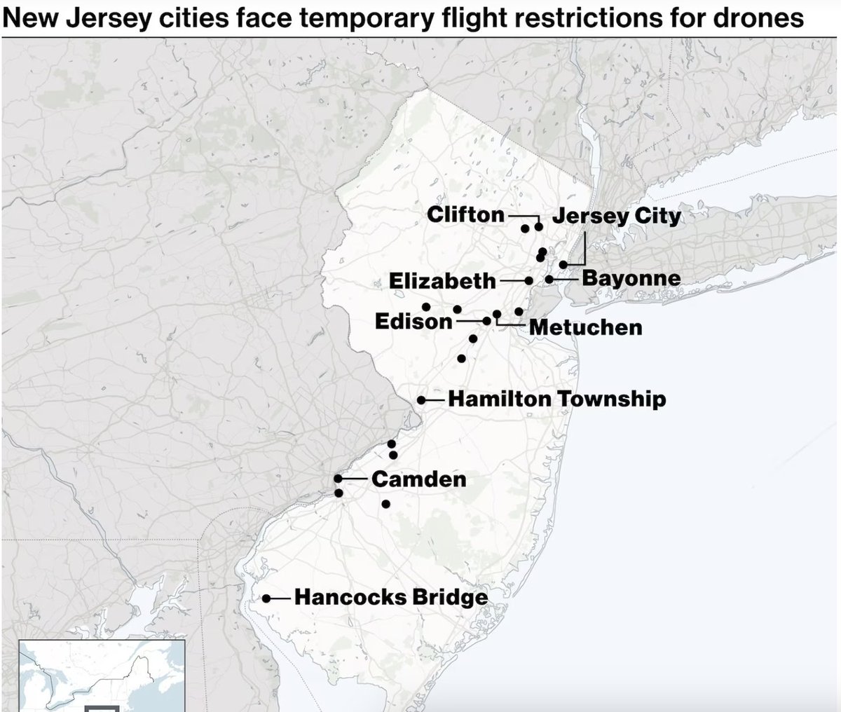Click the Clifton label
[465, 214]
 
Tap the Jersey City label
[616, 216]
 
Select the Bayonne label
[631, 278]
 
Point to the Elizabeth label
[442, 281]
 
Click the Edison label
[413, 322]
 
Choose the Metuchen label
[585, 327]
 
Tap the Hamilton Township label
[556, 399]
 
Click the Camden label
[418, 479]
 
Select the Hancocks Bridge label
[390, 598]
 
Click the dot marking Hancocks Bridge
[267, 598]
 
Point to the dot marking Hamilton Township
[421, 400]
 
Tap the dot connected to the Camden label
[338, 479]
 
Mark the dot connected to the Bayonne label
[549, 279]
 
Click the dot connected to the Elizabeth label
[529, 280]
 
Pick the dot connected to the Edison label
[487, 321]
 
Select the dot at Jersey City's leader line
[563, 264]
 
